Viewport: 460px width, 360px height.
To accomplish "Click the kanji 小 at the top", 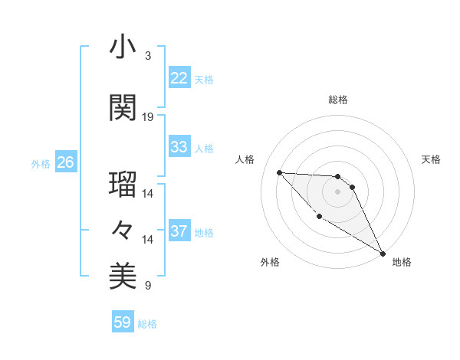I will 123,47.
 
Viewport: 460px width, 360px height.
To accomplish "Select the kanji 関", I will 123,107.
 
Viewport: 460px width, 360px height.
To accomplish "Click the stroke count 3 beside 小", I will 147,56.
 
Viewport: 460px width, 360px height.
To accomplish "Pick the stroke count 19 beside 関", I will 148,117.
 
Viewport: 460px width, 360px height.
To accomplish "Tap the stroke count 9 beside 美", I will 147,286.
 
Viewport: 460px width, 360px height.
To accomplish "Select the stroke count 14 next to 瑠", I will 148,194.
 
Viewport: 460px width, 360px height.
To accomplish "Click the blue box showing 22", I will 179,78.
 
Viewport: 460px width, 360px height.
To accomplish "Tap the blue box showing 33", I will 179,147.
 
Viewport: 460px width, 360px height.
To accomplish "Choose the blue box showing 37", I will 179,231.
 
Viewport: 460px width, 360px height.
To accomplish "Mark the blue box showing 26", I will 65,162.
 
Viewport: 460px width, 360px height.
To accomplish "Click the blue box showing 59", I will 123,322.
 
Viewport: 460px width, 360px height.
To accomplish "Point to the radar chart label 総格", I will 338,100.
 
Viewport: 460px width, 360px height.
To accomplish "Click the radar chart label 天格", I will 431,159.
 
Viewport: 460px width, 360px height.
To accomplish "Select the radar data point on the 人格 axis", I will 279,172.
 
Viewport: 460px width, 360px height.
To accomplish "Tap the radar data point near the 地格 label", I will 383,254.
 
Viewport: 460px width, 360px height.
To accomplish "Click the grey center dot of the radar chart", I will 338,191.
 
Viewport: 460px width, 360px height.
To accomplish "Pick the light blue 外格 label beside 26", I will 41,163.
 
